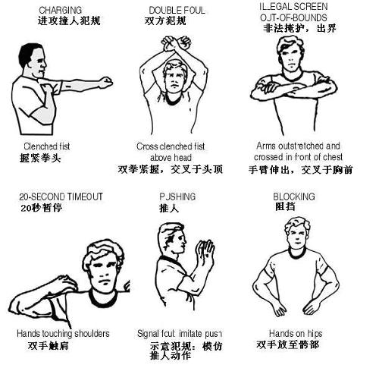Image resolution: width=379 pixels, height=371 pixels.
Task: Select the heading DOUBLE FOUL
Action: [x=177, y=10]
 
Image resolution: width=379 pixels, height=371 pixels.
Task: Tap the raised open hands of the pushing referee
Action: [x=205, y=255]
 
